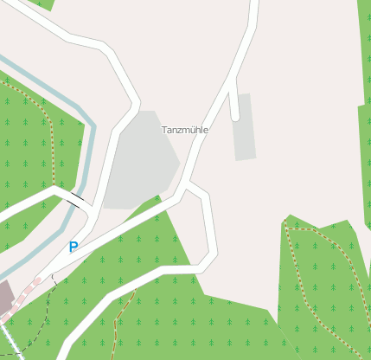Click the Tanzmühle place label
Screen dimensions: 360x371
(184, 129)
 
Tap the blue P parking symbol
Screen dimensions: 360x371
(74, 247)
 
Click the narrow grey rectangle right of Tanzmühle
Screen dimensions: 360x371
(245, 126)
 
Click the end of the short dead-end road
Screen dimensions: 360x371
(235, 117)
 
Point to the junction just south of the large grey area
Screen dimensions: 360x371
(183, 185)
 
